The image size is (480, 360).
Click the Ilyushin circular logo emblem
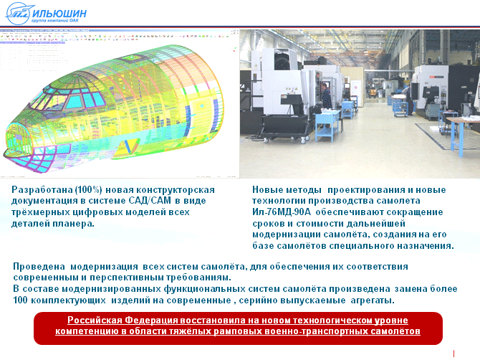(19, 14)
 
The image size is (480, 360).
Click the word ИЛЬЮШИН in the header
(59, 14)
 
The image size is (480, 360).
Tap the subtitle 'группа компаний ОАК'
(54, 21)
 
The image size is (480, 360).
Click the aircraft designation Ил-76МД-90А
(282, 212)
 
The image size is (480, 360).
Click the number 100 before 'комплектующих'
(21, 300)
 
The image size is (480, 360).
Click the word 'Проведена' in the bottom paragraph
(39, 267)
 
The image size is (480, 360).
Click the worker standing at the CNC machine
(326, 95)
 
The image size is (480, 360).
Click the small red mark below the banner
(453, 354)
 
